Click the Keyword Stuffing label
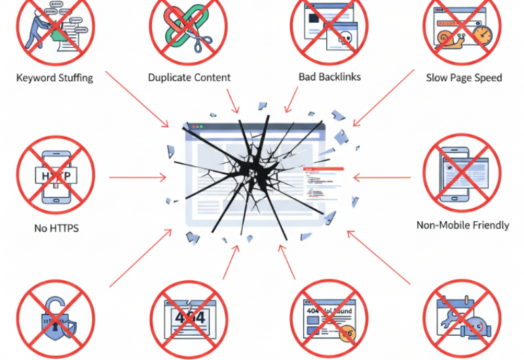tap(54, 78)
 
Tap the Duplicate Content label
tap(189, 78)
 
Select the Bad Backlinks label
tap(329, 77)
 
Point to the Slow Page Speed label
tap(464, 78)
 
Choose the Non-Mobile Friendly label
tap(462, 225)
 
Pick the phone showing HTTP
tap(56, 175)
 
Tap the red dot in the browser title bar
tap(191, 126)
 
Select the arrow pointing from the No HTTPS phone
tap(138, 177)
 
